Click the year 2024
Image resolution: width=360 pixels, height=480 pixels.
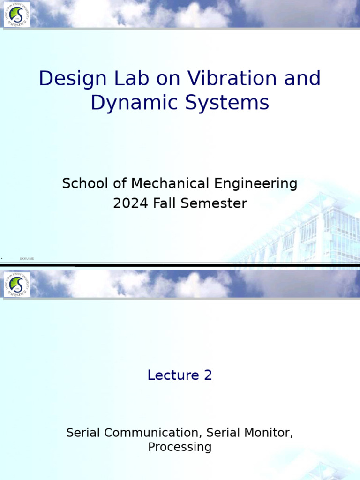pos(130,203)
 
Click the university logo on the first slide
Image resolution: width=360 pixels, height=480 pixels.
pos(16,15)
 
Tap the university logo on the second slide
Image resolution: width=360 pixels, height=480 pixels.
pos(16,285)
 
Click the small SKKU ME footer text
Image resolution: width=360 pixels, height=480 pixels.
pos(27,258)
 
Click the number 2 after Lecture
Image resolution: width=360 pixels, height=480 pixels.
pos(208,375)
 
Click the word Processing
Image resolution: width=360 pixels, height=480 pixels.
pos(180,447)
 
